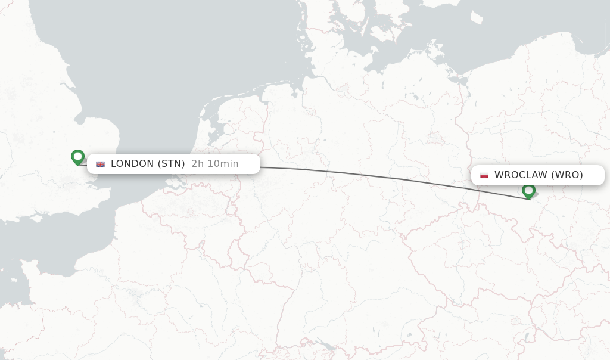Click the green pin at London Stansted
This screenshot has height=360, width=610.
click(x=77, y=157)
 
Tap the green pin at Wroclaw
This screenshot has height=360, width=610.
click(x=528, y=191)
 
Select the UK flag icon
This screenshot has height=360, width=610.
click(x=100, y=164)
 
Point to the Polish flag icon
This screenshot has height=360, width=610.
click(x=484, y=175)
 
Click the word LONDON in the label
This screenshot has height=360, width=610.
click(x=132, y=164)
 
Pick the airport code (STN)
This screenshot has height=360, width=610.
click(x=171, y=164)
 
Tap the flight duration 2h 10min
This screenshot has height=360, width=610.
click(x=214, y=164)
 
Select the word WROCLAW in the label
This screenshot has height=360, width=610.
click(x=521, y=175)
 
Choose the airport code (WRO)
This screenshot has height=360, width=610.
click(x=567, y=175)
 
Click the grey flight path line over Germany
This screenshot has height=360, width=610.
click(x=357, y=174)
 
